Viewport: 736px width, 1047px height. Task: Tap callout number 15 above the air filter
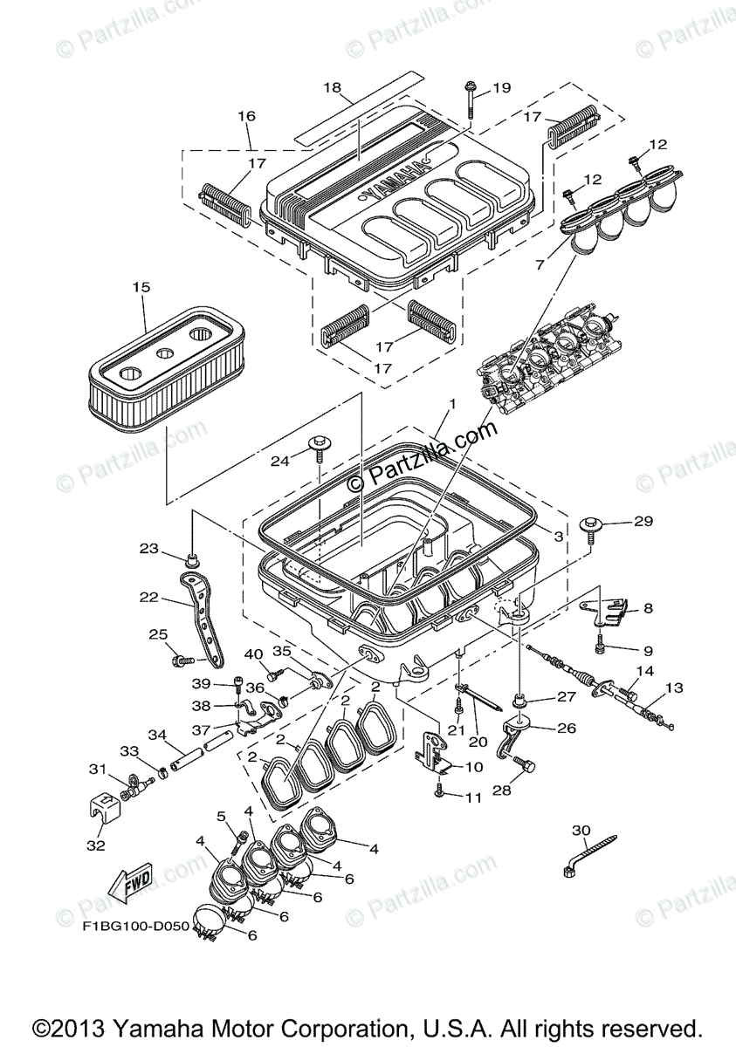pyautogui.click(x=141, y=287)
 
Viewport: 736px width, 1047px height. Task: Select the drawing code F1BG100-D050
pyautogui.click(x=136, y=926)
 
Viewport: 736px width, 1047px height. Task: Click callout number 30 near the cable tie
pyautogui.click(x=581, y=829)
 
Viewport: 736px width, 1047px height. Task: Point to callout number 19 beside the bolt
pyautogui.click(x=501, y=88)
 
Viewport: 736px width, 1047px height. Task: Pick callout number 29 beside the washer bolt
pyautogui.click(x=643, y=522)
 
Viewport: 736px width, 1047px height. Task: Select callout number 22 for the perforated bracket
pyautogui.click(x=148, y=598)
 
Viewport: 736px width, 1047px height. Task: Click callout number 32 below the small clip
pyautogui.click(x=96, y=845)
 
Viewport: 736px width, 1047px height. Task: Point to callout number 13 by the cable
pyautogui.click(x=674, y=688)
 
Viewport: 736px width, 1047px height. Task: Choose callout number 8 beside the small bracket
pyautogui.click(x=648, y=611)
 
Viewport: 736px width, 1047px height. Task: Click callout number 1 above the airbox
pyautogui.click(x=452, y=406)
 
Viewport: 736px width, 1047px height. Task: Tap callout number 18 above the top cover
pyautogui.click(x=332, y=88)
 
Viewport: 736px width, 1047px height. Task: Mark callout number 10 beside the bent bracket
pyautogui.click(x=473, y=767)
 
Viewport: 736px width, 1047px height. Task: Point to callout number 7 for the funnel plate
pyautogui.click(x=539, y=263)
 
